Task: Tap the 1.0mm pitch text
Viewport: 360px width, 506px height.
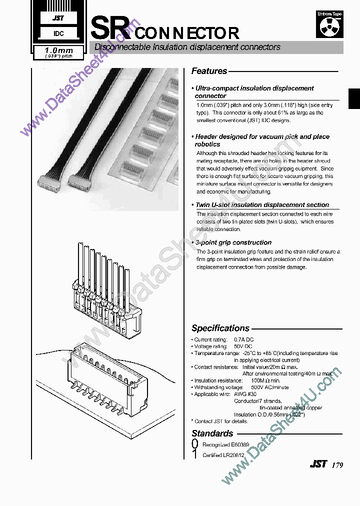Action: pyautogui.click(x=59, y=50)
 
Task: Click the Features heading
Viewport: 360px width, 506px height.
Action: pyautogui.click(x=209, y=71)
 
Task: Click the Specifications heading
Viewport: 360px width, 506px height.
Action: pyautogui.click(x=220, y=328)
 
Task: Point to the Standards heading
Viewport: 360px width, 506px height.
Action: pyautogui.click(x=212, y=433)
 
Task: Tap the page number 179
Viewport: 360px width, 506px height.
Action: pyautogui.click(x=336, y=465)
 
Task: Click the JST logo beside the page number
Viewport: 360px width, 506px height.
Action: pyautogui.click(x=318, y=464)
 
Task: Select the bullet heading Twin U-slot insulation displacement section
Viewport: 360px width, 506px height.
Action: pyautogui.click(x=262, y=205)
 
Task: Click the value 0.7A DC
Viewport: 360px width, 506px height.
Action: pyautogui.click(x=244, y=339)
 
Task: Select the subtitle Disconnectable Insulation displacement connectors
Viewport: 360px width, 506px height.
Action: pyautogui.click(x=187, y=47)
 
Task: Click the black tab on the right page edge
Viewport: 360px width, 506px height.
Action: pyautogui.click(x=354, y=97)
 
